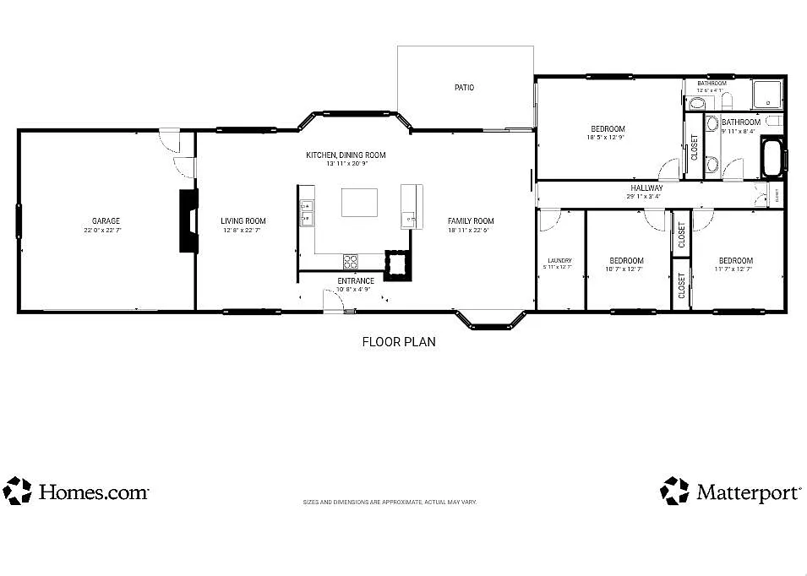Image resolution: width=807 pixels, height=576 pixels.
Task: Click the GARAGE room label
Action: (106, 221)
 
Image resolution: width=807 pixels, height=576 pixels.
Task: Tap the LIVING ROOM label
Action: (243, 221)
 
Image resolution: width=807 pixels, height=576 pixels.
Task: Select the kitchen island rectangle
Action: (359, 203)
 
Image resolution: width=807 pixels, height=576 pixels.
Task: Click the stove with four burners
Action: (351, 261)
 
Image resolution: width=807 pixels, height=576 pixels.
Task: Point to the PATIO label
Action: (464, 87)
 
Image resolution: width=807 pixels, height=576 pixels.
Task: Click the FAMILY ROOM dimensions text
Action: (471, 230)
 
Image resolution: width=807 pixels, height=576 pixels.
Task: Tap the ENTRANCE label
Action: (356, 281)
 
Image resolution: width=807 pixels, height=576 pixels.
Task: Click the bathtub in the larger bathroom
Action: (772, 157)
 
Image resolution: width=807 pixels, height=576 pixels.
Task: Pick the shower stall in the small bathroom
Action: (767, 95)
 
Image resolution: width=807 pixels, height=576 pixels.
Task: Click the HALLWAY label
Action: (646, 187)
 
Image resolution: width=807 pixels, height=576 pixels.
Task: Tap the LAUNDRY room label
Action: (559, 260)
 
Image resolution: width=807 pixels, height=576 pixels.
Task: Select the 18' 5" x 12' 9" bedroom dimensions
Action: (606, 138)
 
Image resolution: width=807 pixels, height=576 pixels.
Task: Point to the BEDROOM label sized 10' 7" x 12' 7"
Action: (626, 260)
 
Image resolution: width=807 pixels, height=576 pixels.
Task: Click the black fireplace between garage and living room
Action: (188, 220)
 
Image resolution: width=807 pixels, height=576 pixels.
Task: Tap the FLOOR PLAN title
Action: (399, 342)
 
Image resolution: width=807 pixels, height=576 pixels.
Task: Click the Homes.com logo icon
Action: (17, 491)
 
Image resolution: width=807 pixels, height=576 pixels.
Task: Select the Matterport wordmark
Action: (747, 493)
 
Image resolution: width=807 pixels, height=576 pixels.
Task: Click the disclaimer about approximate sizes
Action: (390, 502)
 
